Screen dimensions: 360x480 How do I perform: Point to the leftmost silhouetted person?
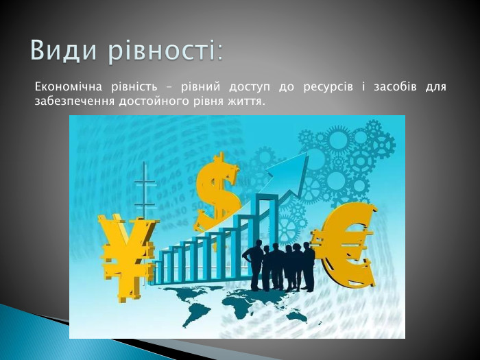pyautogui.click(x=256, y=264)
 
